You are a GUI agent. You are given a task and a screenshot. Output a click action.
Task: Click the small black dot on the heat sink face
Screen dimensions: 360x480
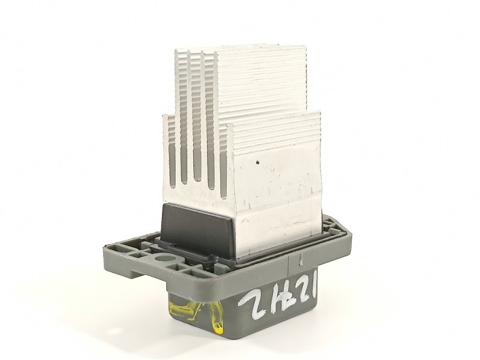257,161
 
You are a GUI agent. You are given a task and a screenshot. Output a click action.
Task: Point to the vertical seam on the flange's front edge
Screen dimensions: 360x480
296,259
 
